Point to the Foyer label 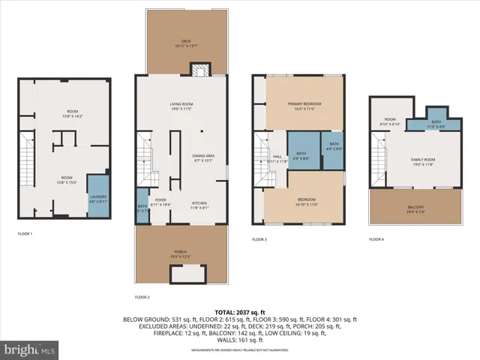tap(160, 202)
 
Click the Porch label tap(181, 253)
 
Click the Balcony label tap(415, 210)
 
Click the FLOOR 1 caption tap(25, 234)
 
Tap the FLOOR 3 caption tap(259, 238)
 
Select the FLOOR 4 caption tap(376, 238)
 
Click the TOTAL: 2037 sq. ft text tap(239, 311)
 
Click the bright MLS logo tap(30, 349)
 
